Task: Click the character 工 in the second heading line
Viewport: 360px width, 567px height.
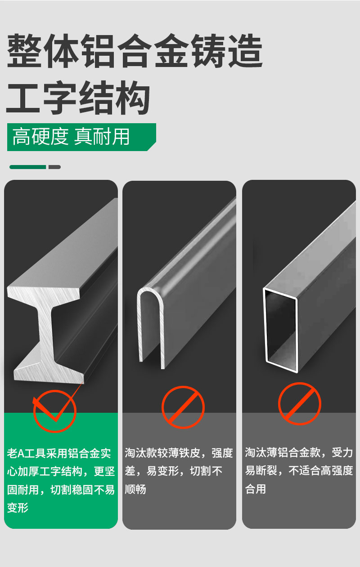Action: (x=23, y=98)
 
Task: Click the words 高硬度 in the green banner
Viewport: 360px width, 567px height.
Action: (x=40, y=137)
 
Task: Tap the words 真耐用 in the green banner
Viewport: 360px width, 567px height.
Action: (x=102, y=137)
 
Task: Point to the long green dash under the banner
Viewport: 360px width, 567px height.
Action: (x=27, y=167)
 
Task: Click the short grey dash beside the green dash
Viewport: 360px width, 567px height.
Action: (x=54, y=167)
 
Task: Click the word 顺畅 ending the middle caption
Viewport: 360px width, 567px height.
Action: (x=135, y=490)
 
